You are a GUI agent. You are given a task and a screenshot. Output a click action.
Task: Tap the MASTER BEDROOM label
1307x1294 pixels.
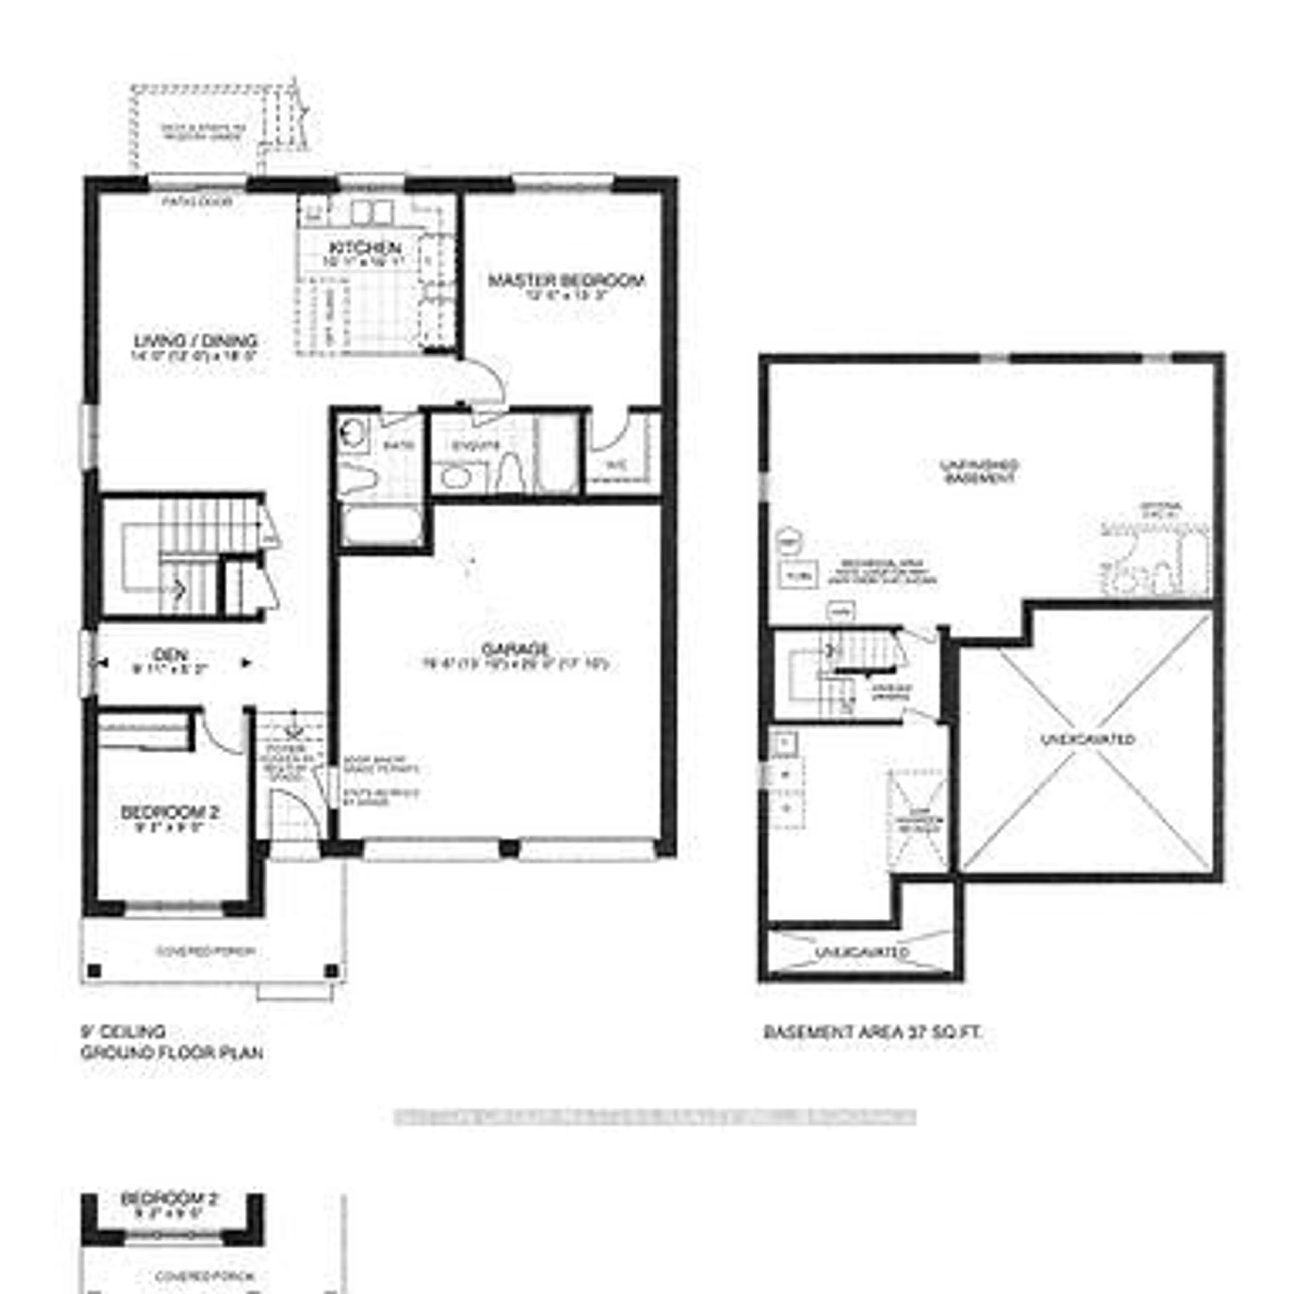566,280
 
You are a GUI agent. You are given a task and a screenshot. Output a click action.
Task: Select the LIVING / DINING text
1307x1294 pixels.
195,341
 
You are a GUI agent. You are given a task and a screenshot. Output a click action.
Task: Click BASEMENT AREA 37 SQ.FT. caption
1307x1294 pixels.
872,1032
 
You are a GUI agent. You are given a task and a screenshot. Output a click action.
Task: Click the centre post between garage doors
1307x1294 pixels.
510,848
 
